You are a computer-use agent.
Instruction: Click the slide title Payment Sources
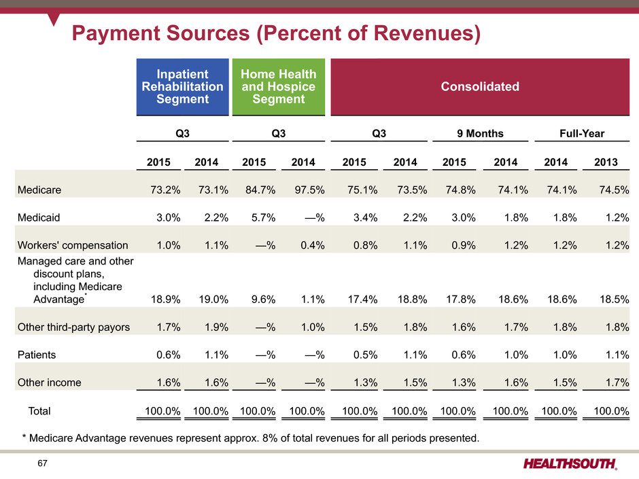tap(276, 33)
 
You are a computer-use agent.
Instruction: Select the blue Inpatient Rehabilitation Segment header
tap(183, 86)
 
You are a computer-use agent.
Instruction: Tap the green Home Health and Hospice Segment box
tap(279, 86)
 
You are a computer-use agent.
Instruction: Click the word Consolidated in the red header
tap(480, 86)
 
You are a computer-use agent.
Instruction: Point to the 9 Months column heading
tap(480, 134)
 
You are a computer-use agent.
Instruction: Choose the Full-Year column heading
tap(582, 134)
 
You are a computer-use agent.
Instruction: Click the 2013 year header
tap(606, 162)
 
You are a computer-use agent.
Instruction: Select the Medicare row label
tap(39, 190)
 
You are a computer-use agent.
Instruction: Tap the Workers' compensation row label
tap(73, 245)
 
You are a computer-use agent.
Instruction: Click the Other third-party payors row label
tap(73, 327)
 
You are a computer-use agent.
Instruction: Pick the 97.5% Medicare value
tap(310, 190)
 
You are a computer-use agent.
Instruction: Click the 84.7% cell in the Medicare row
tap(260, 190)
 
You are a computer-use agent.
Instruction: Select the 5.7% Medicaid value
tap(264, 217)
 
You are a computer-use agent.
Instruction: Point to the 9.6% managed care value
tap(264, 300)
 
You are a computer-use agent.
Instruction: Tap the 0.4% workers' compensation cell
tap(313, 245)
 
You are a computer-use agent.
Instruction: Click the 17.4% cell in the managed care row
tap(362, 300)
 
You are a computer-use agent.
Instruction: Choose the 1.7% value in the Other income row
tap(617, 383)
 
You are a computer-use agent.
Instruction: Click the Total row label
tap(39, 410)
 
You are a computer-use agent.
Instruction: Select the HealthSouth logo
tap(570, 464)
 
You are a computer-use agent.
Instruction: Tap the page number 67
tap(42, 463)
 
